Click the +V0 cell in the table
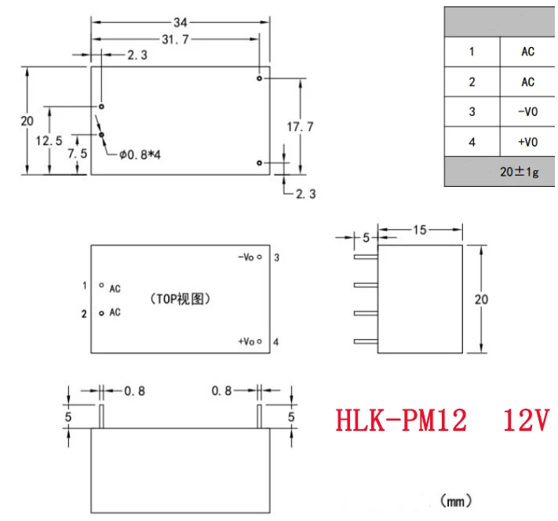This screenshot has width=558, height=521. [x=527, y=142]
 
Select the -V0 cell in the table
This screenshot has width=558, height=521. [x=527, y=112]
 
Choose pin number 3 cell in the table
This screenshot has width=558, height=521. [x=472, y=112]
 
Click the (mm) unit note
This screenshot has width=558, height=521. [x=455, y=500]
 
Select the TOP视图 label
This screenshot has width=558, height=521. [x=180, y=299]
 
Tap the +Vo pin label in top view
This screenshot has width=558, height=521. [x=248, y=341]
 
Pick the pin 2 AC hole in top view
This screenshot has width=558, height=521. [x=102, y=313]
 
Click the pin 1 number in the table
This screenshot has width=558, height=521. [x=472, y=52]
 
